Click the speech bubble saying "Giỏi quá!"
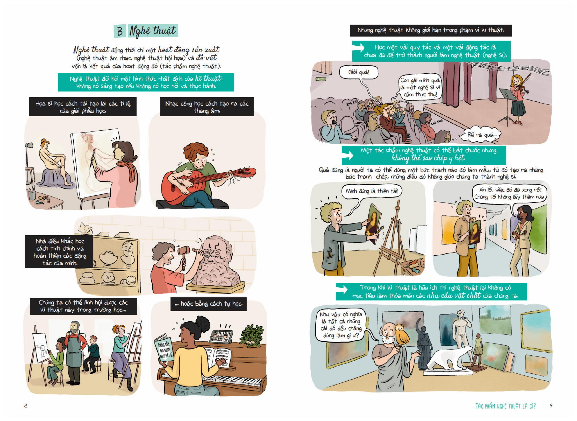pos(358,72)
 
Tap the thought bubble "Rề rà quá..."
pos(482,134)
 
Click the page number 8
pos(25,405)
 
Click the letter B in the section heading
pos(120,31)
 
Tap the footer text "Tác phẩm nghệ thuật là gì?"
pos(505,406)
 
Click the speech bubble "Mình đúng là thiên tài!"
pos(372,191)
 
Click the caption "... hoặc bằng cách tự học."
pos(208,304)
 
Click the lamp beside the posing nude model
pos(29,163)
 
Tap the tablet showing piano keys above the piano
pos(220,337)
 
